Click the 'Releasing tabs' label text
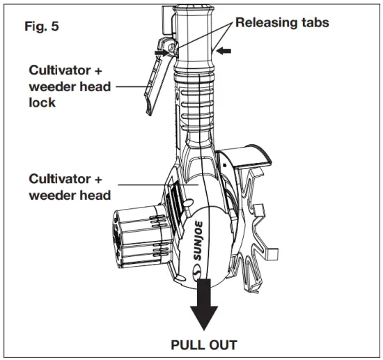pos(281,22)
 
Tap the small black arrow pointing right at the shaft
pos(161,52)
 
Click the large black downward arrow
pos(203,304)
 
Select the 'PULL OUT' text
pos(203,345)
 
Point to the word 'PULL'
pos(187,345)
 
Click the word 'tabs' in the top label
pos(311,22)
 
